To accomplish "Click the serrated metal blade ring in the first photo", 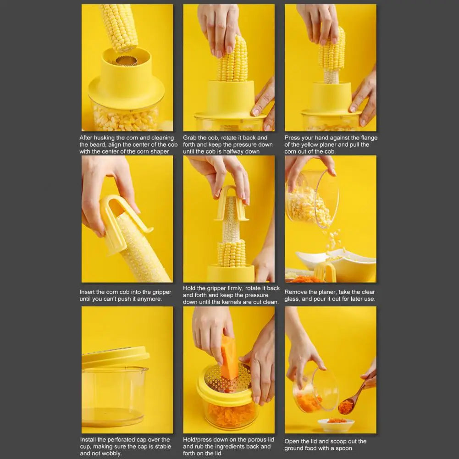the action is coord(126,61).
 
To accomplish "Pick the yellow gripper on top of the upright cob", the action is coord(231,204).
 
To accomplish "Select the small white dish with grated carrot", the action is coord(336,424).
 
